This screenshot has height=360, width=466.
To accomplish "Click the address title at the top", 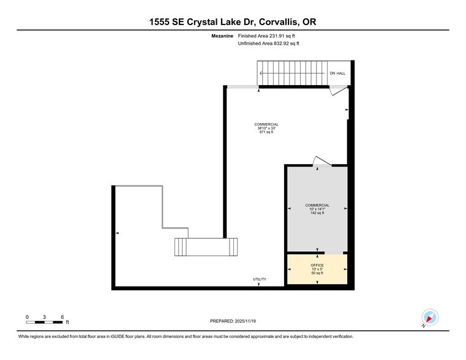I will pos(233,22).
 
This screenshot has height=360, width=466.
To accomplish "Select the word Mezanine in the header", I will pos(222,37).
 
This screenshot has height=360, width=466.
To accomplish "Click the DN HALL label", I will pos(337,73).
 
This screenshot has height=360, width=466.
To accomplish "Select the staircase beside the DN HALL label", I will pos(291,73).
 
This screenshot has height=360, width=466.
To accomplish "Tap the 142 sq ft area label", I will pos(317,213).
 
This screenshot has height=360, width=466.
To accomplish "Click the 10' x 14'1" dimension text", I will pos(317,209).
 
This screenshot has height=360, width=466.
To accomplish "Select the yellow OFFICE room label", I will pos(317,265).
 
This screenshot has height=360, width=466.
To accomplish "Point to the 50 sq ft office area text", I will pos(317,273).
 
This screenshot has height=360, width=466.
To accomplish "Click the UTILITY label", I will pos(260,279).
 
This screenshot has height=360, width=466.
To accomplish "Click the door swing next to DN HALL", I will pos(337,91).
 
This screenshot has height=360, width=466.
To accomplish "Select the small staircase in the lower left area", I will pos(206,247).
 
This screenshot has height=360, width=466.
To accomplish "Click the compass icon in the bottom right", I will pos(430,318).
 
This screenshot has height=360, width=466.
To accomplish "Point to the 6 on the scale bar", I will pos(62,317).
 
